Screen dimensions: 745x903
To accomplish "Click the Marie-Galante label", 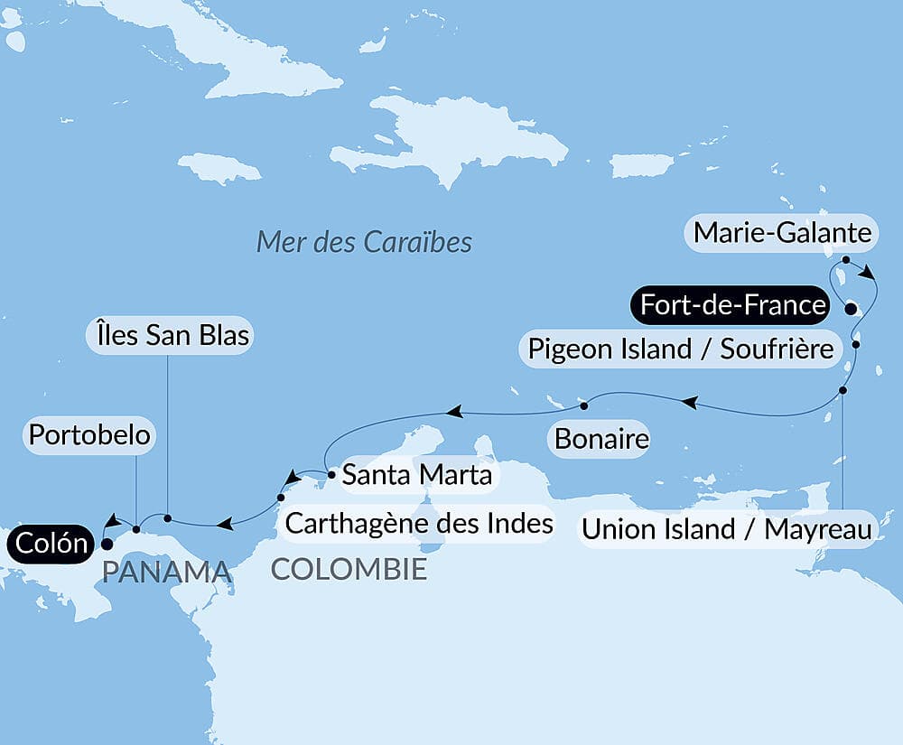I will pos(782,234).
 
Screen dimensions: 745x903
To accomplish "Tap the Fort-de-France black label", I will pos(731,305).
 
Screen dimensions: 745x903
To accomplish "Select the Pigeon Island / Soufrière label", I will pos(680,349).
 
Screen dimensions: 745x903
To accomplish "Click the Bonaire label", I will pos(601,440).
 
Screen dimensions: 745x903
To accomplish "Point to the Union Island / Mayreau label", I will pos(726,529).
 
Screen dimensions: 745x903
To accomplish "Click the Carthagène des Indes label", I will pos(419,523).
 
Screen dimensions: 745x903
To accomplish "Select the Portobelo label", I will pos(88,435).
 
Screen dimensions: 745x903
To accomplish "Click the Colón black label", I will pos(51,544).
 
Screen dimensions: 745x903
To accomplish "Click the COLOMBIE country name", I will pos(349,570).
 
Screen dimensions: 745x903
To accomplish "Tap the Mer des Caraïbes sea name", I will pos(364,242).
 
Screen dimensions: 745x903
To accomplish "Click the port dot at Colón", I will pos(106,545).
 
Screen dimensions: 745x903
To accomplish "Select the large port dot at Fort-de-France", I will pos(850,309).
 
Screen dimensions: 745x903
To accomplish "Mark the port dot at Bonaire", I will pos(585,404).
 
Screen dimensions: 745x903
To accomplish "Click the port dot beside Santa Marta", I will pos(332,472).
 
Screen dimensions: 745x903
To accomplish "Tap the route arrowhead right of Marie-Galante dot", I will pos(867,272).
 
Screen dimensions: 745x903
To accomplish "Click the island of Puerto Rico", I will pos(642,165).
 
